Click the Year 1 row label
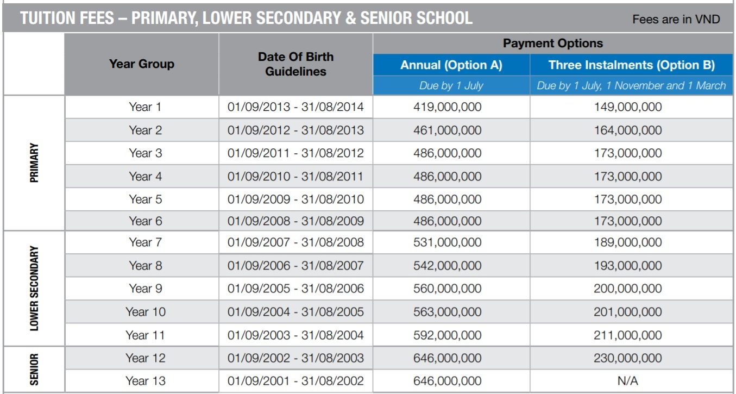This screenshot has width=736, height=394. (x=145, y=107)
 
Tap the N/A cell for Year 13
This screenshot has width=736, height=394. (x=627, y=381)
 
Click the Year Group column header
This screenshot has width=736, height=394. (x=142, y=64)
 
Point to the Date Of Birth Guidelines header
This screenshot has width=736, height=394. (x=295, y=64)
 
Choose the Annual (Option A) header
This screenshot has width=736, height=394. (x=451, y=65)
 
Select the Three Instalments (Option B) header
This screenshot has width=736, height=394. (x=631, y=65)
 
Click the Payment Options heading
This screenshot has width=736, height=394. (x=552, y=43)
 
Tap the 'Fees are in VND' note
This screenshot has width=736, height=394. (x=676, y=20)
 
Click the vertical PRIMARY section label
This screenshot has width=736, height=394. (x=34, y=163)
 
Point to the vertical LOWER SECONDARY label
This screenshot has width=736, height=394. (x=34, y=288)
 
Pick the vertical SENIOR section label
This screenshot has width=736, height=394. (x=34, y=369)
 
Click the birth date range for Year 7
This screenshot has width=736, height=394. (x=295, y=242)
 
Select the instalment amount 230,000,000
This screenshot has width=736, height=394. (x=627, y=358)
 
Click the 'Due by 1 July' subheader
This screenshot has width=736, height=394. (x=451, y=85)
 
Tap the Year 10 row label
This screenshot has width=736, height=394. (x=145, y=312)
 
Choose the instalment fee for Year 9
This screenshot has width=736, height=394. (x=627, y=289)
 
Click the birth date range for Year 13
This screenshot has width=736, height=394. (x=295, y=381)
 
